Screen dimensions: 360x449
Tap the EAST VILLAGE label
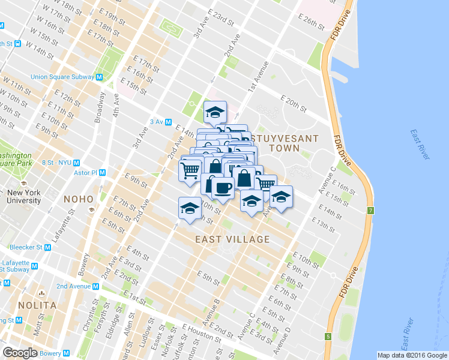tap(232, 239)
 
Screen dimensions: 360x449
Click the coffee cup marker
tap(222, 187)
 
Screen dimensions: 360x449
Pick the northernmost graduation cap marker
tap(215, 112)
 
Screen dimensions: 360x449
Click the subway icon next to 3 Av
tap(169, 122)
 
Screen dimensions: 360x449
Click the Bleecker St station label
tap(26, 247)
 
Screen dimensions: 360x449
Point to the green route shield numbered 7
tap(371, 211)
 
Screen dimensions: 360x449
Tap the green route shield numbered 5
tap(328, 337)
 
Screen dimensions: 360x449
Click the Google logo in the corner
tap(20, 353)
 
